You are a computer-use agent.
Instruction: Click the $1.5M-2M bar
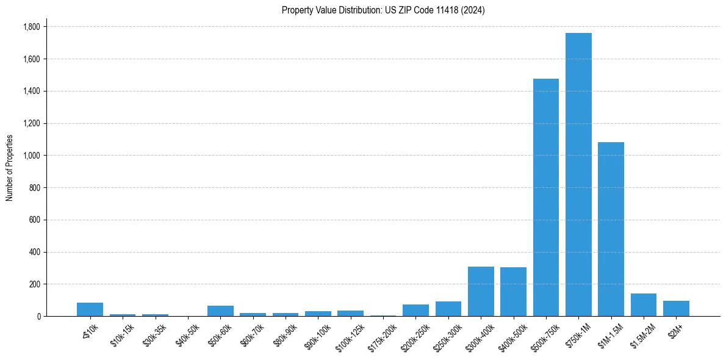coord(644,305)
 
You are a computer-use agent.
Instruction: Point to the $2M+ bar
coord(676,309)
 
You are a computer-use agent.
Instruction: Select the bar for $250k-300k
coord(448,309)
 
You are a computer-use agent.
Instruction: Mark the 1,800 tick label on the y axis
coord(31,27)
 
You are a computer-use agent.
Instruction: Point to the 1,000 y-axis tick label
coord(31,156)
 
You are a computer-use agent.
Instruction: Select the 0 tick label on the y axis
coord(38,317)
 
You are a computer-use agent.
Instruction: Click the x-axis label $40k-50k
coord(187,334)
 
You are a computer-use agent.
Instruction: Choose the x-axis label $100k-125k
coord(349,336)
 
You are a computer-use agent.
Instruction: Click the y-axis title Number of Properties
coord(9,168)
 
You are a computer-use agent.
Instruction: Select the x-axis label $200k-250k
coord(414,336)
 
